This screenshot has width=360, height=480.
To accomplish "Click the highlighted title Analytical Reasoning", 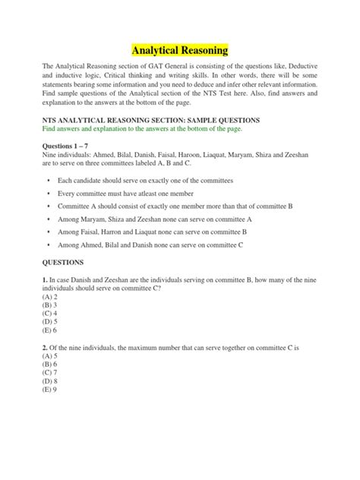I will (180, 51).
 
